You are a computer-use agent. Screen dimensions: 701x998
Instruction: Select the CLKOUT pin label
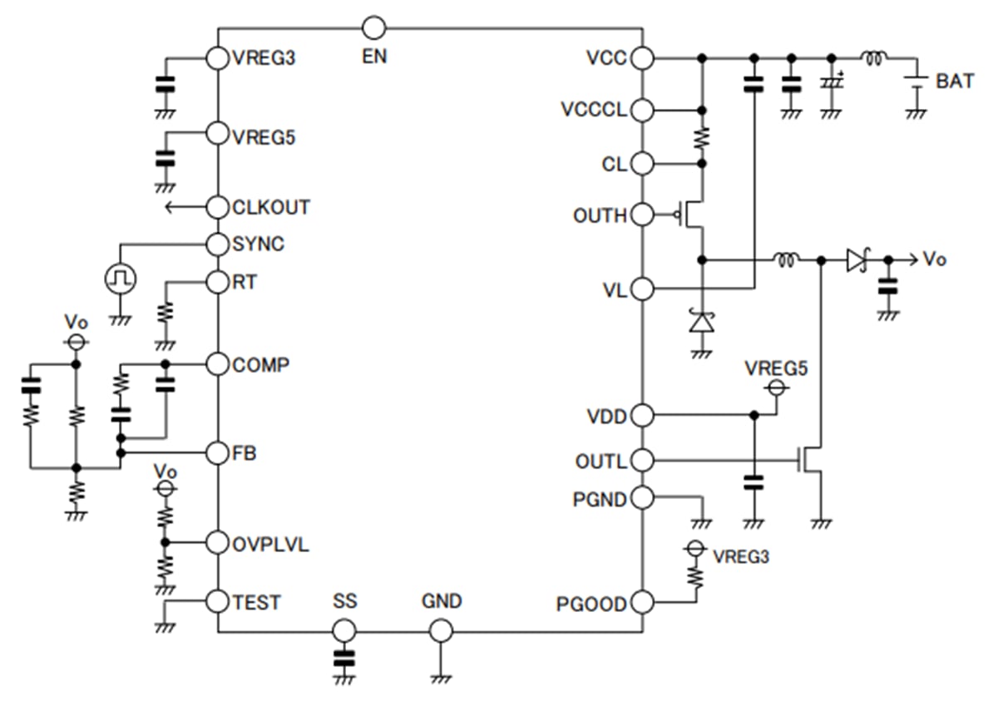tap(271, 207)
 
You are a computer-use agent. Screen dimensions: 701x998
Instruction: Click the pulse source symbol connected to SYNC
tap(120, 279)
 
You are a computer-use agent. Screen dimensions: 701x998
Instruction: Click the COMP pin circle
tap(217, 364)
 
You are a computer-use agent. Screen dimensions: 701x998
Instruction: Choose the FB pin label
tap(245, 454)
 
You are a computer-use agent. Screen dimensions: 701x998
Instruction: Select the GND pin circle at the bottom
tap(441, 632)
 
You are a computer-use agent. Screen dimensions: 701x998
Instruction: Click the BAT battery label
tap(953, 81)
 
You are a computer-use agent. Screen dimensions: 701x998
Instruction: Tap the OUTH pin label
tap(600, 216)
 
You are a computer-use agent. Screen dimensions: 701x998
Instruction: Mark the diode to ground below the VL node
tap(703, 321)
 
